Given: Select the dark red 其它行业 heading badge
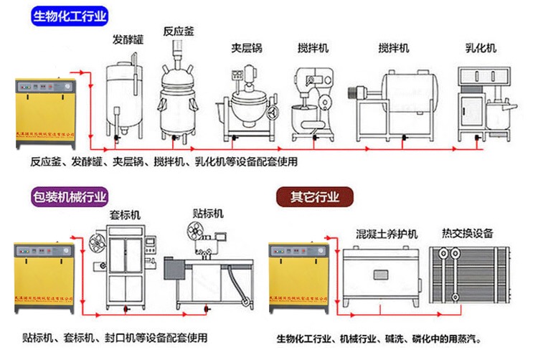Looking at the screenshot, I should (314, 196).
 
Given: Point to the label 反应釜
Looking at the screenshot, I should (178, 32).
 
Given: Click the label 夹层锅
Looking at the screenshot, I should (246, 48).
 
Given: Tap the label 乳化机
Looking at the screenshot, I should (481, 48).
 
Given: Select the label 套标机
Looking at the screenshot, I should (125, 215).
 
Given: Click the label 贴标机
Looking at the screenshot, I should (208, 213).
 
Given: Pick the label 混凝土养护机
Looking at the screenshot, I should (387, 233).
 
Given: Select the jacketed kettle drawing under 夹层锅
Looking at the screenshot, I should (246, 100).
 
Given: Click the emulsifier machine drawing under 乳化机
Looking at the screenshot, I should (481, 100).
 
